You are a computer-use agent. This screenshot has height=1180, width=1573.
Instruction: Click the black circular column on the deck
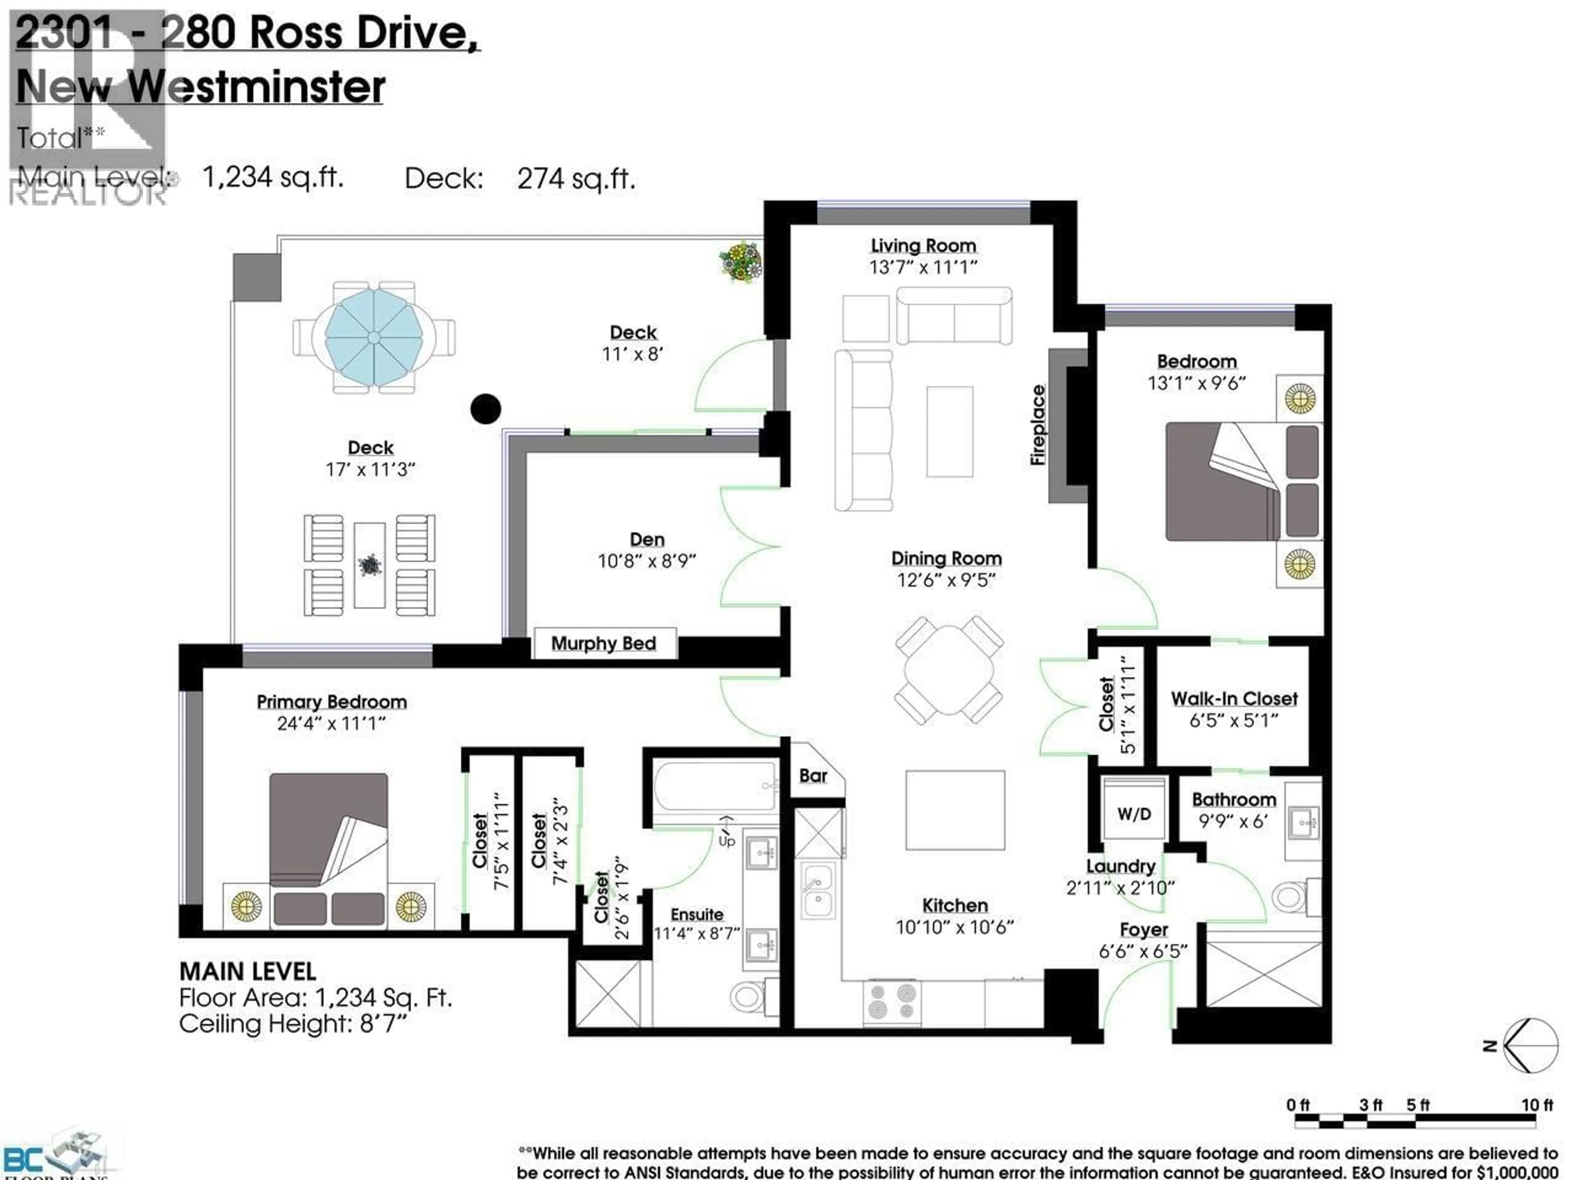pos(486,409)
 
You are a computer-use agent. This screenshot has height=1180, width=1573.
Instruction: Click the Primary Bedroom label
pos(331,701)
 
